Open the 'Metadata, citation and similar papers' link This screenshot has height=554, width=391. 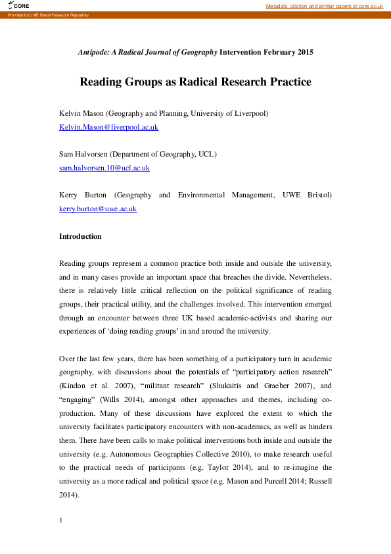[x=324, y=6]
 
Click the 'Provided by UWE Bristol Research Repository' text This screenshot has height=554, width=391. [x=46, y=14]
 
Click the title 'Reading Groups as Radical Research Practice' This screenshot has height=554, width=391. [x=195, y=82]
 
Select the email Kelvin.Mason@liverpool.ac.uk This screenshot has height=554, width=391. [x=108, y=127]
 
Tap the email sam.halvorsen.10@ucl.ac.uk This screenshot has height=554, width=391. [x=104, y=168]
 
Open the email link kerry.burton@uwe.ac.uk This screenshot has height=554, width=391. [x=98, y=209]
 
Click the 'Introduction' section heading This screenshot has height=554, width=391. [x=80, y=236]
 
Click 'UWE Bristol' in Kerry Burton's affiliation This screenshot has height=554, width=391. [x=310, y=195]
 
